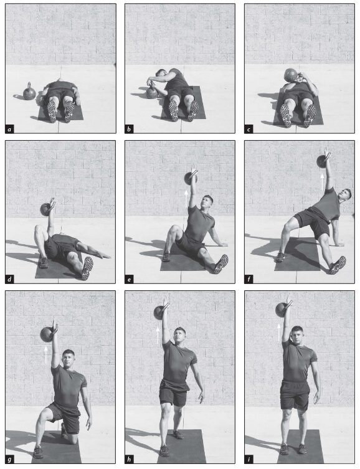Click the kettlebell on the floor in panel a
pos(29,92)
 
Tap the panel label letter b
pos(129,130)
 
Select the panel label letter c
pos(249,130)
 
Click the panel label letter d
pos(9,280)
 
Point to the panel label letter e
pos(129,280)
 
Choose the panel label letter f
pos(249,280)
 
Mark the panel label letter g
pos(9,460)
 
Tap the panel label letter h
pos(129,459)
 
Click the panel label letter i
pos(249,459)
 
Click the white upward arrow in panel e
pos(186,199)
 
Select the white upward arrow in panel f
pos(322,182)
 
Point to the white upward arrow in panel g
pos(45,355)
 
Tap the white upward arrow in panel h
pos(158,335)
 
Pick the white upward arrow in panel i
pos(278,333)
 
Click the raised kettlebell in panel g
pos(47,334)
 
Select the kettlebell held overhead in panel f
pos(323,161)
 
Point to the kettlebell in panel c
pos(291,75)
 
